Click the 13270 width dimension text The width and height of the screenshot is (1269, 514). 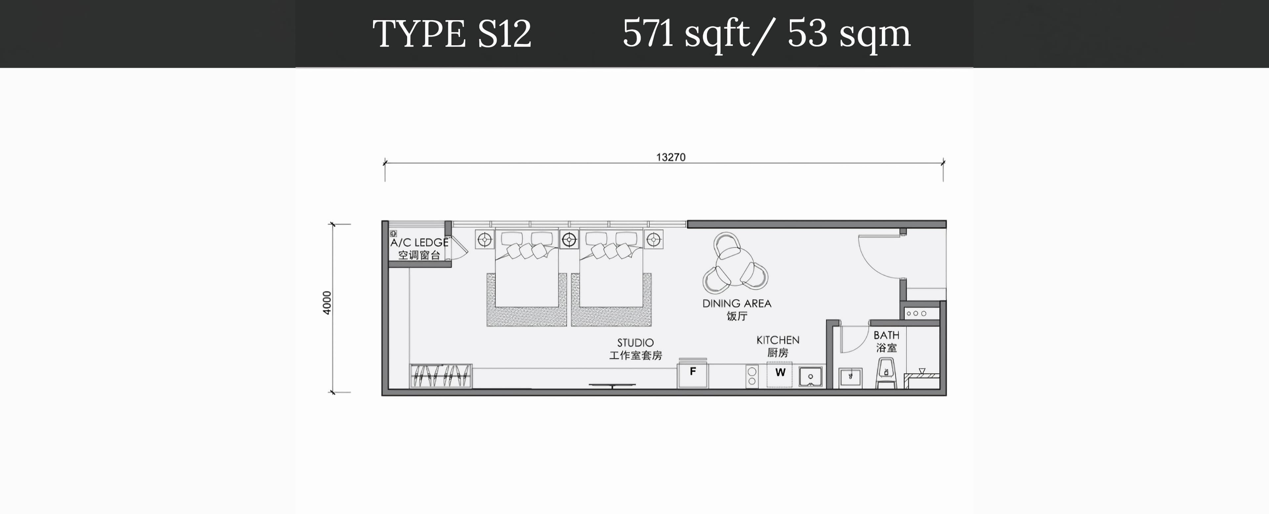coord(671,157)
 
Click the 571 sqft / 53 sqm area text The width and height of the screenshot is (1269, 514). coord(767,34)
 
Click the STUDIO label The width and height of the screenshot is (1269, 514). coord(635,343)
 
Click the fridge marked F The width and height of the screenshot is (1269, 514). coord(693,374)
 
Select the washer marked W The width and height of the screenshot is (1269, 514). coord(780,375)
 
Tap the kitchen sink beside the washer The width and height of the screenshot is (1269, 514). coord(810,377)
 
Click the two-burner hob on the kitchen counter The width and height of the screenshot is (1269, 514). coord(752,377)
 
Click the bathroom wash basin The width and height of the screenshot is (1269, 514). coord(851,378)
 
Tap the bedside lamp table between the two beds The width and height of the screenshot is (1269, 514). coord(569,240)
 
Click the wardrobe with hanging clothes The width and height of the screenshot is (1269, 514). coord(441,376)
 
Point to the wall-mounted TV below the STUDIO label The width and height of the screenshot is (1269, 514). coord(612,385)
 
